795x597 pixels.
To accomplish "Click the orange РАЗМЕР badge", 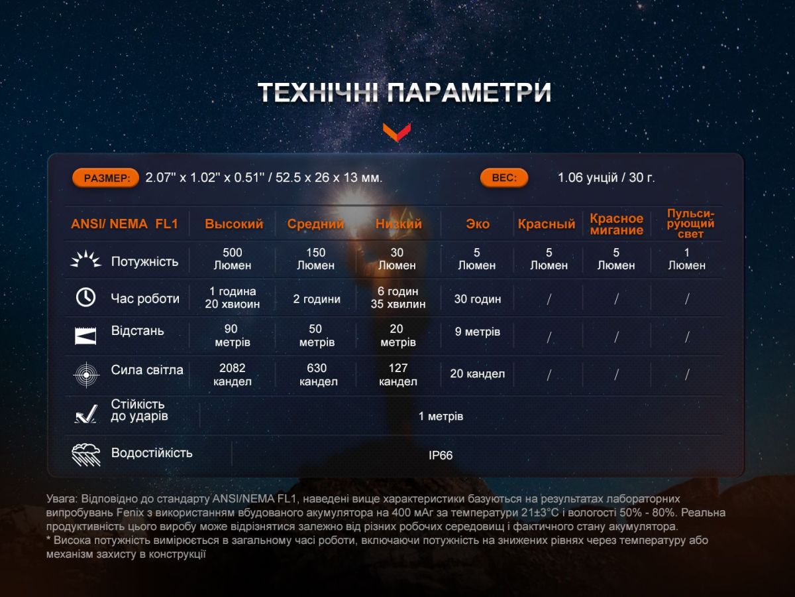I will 106,178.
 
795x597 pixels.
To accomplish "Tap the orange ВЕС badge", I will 504,178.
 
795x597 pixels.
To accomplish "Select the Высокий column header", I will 234,224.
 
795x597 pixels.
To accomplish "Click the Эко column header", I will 477,224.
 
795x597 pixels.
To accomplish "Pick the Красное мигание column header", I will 616,224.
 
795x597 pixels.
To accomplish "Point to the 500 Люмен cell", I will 233,259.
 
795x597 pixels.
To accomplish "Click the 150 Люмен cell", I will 316,259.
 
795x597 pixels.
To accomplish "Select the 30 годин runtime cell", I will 477,299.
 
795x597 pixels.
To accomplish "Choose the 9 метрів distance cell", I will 477,332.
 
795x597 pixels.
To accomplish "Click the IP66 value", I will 441,456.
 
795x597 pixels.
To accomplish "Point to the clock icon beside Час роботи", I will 85,298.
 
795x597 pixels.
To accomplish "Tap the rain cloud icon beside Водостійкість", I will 85,454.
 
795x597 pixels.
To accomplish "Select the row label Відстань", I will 138,331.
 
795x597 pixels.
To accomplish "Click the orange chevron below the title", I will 397,131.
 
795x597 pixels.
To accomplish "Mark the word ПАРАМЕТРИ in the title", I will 468,94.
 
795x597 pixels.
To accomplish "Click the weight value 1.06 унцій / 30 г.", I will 606,178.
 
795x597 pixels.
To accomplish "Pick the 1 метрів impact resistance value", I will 441,417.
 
